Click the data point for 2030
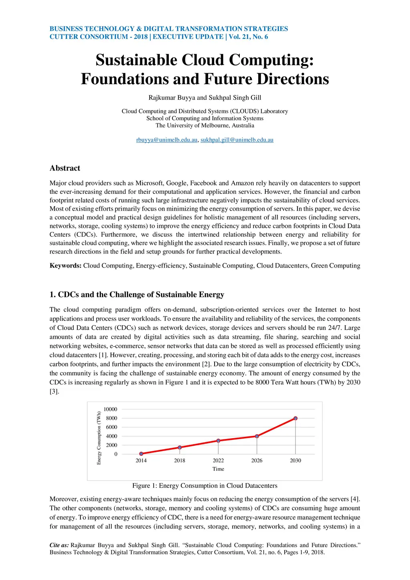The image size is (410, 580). (x=295, y=418)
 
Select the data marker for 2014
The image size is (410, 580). (x=141, y=454)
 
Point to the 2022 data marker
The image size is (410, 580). (x=218, y=441)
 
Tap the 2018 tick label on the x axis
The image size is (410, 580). (x=180, y=461)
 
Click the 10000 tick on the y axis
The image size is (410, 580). (x=111, y=409)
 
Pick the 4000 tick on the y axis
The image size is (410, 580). (x=112, y=436)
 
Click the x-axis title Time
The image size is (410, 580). (x=218, y=469)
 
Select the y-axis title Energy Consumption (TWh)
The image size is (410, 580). (x=99, y=438)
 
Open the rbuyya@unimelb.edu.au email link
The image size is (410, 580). (x=167, y=140)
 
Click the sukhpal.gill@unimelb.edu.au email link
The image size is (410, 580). (x=237, y=140)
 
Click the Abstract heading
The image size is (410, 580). (x=65, y=168)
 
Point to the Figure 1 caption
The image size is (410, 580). (x=205, y=485)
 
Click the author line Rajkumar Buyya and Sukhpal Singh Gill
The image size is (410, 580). (x=205, y=97)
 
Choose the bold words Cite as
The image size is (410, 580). (x=59, y=545)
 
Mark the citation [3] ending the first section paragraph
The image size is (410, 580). (x=54, y=391)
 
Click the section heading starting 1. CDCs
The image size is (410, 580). (x=137, y=294)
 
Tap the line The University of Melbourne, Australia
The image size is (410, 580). (x=205, y=125)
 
